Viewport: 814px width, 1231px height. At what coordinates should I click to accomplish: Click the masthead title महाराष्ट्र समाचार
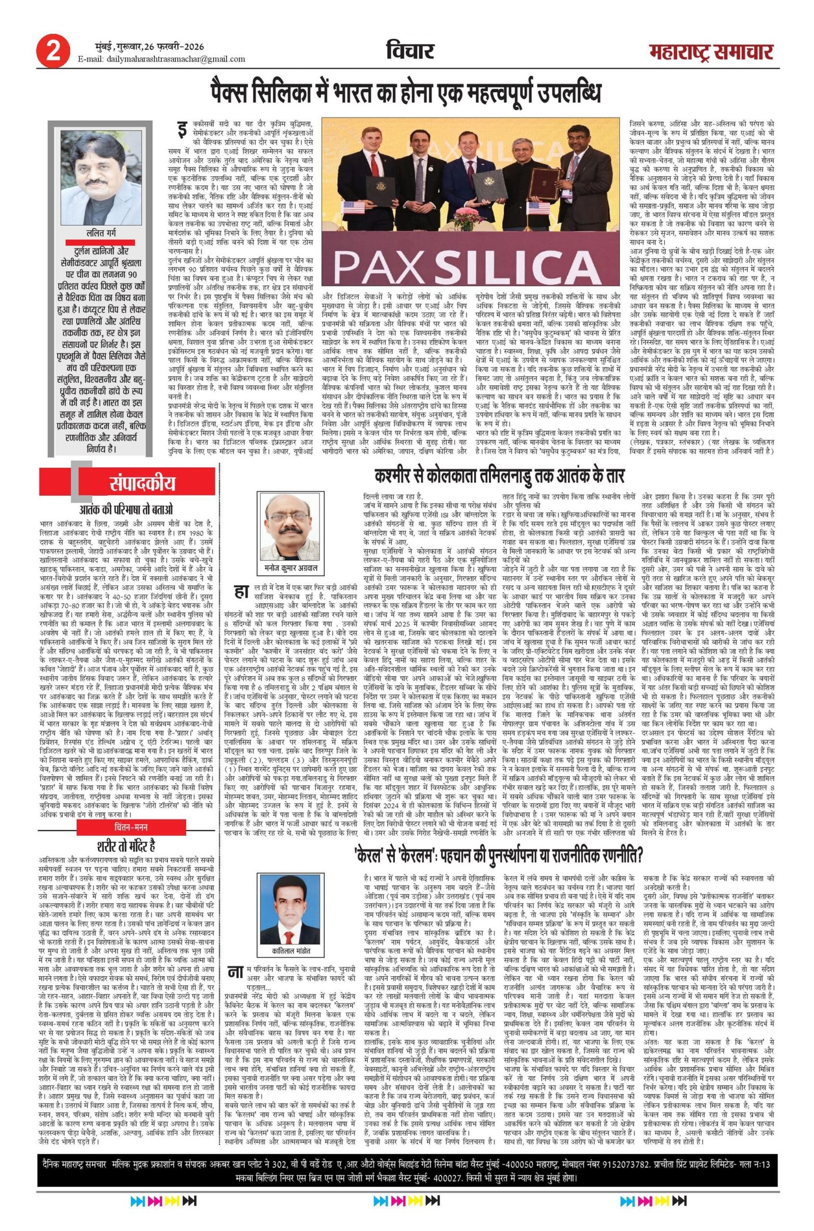point(711,53)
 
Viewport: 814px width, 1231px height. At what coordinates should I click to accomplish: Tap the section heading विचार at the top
point(410,51)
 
